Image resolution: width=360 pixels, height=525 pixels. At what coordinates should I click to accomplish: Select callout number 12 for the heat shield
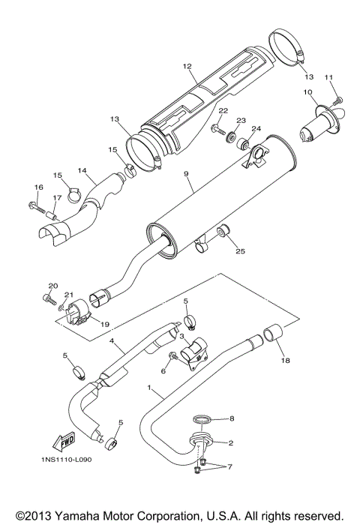(x=187, y=67)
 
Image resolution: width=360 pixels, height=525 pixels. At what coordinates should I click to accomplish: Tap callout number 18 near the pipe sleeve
(x=283, y=360)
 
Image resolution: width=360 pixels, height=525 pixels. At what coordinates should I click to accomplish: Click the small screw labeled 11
(x=337, y=100)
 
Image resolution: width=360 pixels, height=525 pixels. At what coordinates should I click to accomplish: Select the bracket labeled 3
(x=198, y=349)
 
